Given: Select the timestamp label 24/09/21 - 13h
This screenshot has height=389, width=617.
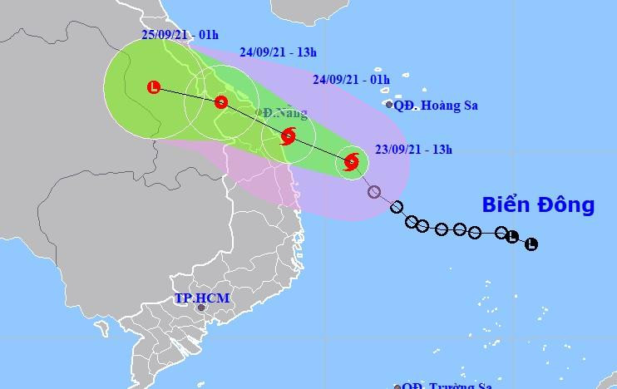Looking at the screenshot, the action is click(x=279, y=52).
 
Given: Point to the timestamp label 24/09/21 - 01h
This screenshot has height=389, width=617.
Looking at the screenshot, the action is click(x=352, y=80).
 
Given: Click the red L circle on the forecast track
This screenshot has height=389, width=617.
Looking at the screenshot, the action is click(x=154, y=86).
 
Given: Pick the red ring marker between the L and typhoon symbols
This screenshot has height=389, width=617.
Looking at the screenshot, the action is click(x=220, y=102).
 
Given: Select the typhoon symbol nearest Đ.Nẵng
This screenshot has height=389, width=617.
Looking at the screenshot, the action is click(x=289, y=135).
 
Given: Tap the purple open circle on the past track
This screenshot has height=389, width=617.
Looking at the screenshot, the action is click(x=373, y=192).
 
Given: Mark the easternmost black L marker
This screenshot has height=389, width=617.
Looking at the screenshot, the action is click(x=531, y=244).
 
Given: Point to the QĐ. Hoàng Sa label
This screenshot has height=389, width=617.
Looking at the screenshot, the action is click(x=437, y=106).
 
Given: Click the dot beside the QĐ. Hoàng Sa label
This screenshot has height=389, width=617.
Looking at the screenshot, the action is click(x=389, y=105).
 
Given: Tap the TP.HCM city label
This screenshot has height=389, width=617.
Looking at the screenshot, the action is click(x=201, y=298).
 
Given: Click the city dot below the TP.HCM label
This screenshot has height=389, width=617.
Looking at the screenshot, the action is click(x=200, y=309).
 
